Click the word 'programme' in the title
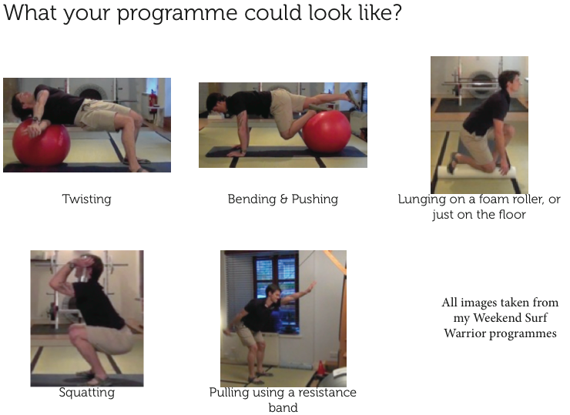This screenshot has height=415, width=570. (x=176, y=14)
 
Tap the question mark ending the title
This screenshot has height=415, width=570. (x=396, y=12)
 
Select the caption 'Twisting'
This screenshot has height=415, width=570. (x=86, y=199)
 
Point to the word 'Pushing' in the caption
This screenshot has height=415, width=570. (x=315, y=199)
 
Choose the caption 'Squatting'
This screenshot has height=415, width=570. (x=86, y=393)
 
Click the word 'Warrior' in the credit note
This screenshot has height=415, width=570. (x=464, y=333)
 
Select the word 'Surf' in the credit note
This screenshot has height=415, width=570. (x=535, y=318)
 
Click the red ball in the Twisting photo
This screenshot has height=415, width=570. (x=41, y=142)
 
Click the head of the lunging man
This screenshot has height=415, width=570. (x=510, y=81)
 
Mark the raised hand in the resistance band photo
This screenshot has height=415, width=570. (x=311, y=286)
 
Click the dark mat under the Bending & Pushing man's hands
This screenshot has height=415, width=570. (x=286, y=152)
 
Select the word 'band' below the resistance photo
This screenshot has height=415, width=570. (x=283, y=408)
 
